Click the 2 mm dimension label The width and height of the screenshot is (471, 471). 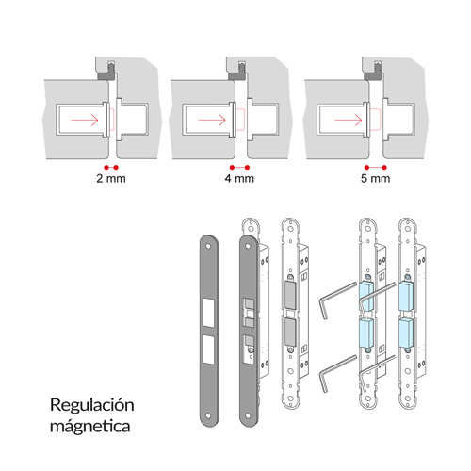click(x=111, y=178)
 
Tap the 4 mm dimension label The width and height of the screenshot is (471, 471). click(x=239, y=178)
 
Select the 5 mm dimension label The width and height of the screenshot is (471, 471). click(x=376, y=178)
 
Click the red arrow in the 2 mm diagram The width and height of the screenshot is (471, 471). click(x=85, y=120)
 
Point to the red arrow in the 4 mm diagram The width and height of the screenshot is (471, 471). click(x=212, y=120)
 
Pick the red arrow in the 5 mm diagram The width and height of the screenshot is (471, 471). click(x=349, y=120)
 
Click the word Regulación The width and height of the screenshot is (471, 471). click(x=92, y=406)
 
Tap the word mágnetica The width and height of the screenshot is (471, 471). click(x=90, y=427)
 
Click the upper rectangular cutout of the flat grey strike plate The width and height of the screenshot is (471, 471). click(x=208, y=312)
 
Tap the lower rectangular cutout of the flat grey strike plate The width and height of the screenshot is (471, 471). click(x=208, y=349)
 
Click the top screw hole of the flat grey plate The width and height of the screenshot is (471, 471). click(x=208, y=246)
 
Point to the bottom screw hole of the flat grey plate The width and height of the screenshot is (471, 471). click(x=208, y=415)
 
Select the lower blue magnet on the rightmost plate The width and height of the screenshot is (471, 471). click(x=406, y=333)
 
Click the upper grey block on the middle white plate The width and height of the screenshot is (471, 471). click(x=290, y=295)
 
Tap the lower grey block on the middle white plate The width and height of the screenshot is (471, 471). click(x=290, y=333)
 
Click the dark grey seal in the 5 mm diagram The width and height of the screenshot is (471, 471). click(x=371, y=75)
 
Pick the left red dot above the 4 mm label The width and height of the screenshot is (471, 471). click(x=232, y=168)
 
